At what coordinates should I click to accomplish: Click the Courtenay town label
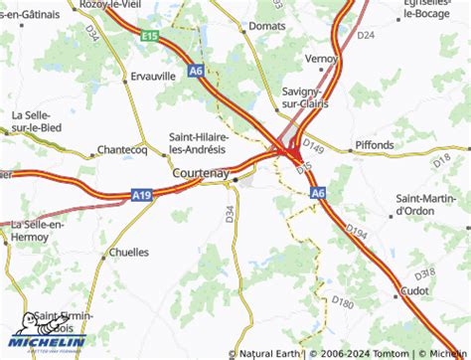click(x=201, y=173)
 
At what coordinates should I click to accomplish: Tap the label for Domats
click(x=267, y=26)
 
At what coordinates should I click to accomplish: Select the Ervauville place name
click(x=153, y=76)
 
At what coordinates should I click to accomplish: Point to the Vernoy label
click(x=323, y=59)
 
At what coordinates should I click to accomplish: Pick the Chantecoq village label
click(x=121, y=151)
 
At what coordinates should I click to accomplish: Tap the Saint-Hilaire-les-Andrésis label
click(x=199, y=142)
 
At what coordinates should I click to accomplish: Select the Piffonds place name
click(x=375, y=145)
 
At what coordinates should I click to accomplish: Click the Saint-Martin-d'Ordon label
click(x=428, y=204)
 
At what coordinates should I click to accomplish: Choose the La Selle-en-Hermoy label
click(x=37, y=232)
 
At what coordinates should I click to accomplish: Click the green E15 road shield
click(x=150, y=37)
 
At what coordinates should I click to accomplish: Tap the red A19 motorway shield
click(x=142, y=198)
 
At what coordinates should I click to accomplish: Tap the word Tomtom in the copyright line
click(x=392, y=353)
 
